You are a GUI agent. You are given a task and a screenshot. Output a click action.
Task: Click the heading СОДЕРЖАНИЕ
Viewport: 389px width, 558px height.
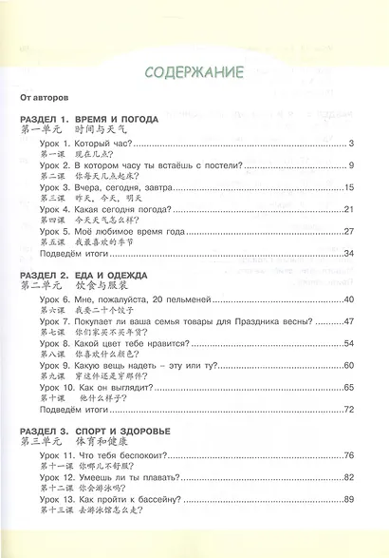[194, 71]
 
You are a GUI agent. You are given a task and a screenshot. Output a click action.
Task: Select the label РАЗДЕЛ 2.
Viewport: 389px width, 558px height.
[44, 273]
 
